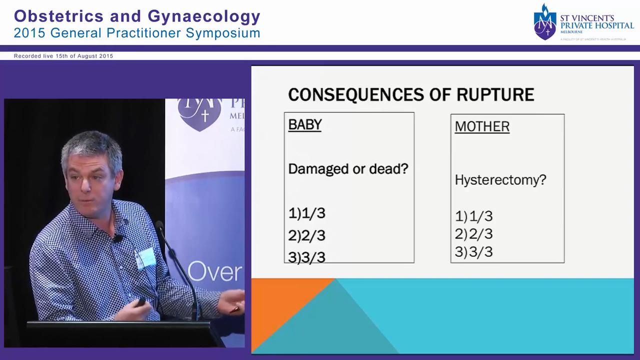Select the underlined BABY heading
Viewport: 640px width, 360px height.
click(x=304, y=124)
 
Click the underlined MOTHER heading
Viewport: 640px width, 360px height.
click(x=482, y=126)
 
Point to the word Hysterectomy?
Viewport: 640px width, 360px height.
click(x=500, y=180)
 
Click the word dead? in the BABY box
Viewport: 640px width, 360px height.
click(x=388, y=169)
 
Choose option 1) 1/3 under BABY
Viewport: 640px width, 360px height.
click(x=306, y=213)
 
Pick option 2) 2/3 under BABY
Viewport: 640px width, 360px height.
click(x=306, y=235)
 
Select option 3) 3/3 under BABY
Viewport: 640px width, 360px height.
click(x=306, y=257)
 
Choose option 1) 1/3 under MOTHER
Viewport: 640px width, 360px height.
click(x=473, y=216)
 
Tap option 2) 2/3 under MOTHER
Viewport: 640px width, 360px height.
click(x=473, y=234)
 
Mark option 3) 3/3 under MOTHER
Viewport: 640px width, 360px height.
click(x=473, y=252)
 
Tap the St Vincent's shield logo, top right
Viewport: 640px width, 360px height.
click(x=545, y=22)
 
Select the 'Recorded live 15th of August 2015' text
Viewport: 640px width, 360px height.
click(x=63, y=56)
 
